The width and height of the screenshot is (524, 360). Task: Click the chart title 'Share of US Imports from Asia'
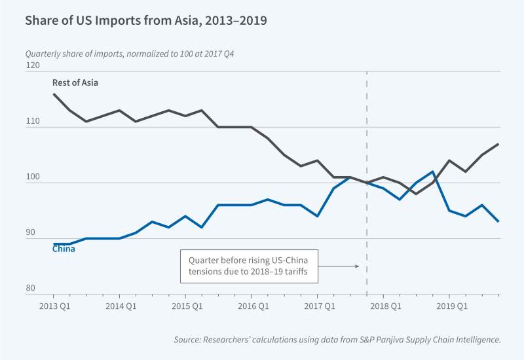point(145,20)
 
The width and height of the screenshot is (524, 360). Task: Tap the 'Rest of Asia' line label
point(75,82)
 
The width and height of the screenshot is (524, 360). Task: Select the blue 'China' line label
point(64,248)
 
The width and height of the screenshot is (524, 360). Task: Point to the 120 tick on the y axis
point(33,66)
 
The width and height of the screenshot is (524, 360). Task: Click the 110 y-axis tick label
point(33,122)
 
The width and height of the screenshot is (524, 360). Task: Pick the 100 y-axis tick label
point(33,177)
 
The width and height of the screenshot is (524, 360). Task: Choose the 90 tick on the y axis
point(33,233)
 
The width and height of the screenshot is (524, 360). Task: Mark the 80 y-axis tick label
point(33,289)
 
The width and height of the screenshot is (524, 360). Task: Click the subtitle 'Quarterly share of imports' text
point(130,53)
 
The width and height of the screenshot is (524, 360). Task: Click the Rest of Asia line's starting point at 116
point(53,94)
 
